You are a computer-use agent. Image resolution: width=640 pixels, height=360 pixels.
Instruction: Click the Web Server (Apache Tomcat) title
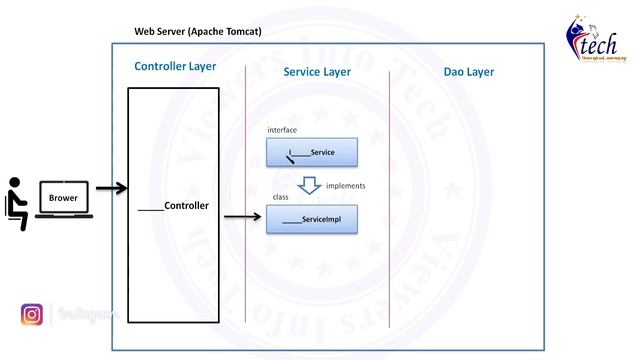[198, 31]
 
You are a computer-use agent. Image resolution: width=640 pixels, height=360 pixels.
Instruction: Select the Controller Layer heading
[175, 67]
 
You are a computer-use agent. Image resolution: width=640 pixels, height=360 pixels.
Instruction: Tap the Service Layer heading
[317, 72]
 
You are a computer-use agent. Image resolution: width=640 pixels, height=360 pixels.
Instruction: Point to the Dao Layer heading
[468, 72]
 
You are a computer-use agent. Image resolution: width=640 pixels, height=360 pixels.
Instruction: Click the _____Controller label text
[173, 205]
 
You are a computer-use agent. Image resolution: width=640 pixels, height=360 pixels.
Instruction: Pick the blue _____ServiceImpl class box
[311, 219]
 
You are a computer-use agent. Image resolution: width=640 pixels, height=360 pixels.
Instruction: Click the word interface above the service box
[282, 130]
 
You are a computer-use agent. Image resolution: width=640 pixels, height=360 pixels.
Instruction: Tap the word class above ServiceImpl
[281, 197]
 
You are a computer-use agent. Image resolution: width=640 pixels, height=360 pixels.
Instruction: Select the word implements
[345, 186]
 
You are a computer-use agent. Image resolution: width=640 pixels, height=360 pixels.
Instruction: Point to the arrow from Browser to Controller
[110, 188]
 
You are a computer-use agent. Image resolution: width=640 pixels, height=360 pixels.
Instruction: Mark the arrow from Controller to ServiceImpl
[243, 216]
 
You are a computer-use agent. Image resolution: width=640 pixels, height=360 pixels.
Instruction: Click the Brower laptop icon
[63, 199]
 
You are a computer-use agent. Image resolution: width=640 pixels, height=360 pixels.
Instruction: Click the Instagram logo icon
[32, 315]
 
